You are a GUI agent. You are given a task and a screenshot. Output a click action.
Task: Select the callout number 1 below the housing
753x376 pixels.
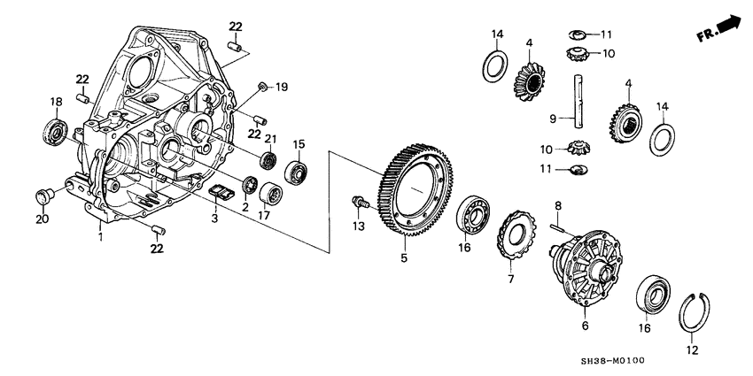(x=100, y=238)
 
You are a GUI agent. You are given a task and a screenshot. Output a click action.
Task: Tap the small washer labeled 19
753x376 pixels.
(x=263, y=86)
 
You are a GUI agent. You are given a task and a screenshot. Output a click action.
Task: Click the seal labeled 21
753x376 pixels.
(x=268, y=161)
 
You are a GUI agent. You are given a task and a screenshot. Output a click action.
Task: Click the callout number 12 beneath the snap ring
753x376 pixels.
(x=692, y=350)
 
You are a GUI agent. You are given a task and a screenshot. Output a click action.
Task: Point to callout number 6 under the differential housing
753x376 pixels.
(x=584, y=326)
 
